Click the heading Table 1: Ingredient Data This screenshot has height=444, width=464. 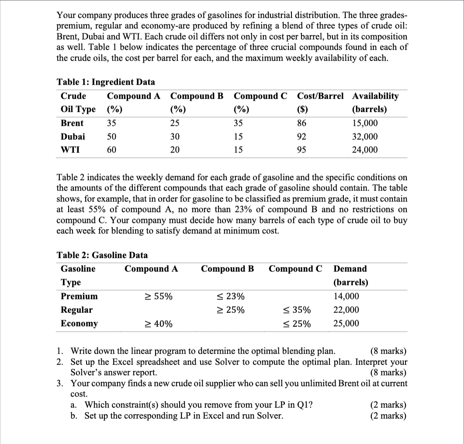click(x=106, y=82)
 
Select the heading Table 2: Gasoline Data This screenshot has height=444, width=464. click(x=102, y=255)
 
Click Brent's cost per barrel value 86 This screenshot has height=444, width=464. click(x=302, y=123)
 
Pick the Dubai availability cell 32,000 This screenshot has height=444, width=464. click(x=365, y=137)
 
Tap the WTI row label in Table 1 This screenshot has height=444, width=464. click(x=69, y=150)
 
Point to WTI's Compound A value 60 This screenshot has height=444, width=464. click(x=112, y=150)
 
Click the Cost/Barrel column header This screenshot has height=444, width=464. click(x=320, y=96)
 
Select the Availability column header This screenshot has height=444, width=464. click(x=375, y=96)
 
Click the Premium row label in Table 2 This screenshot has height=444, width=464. click(x=79, y=296)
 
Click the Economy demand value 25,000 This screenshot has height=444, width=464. click(x=346, y=323)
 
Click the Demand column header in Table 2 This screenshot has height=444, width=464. click(x=350, y=269)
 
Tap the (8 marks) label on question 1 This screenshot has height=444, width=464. click(x=388, y=351)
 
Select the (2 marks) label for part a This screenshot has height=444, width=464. click(x=388, y=405)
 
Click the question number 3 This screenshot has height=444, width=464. click(x=60, y=383)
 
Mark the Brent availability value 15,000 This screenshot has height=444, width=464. click(x=365, y=123)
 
